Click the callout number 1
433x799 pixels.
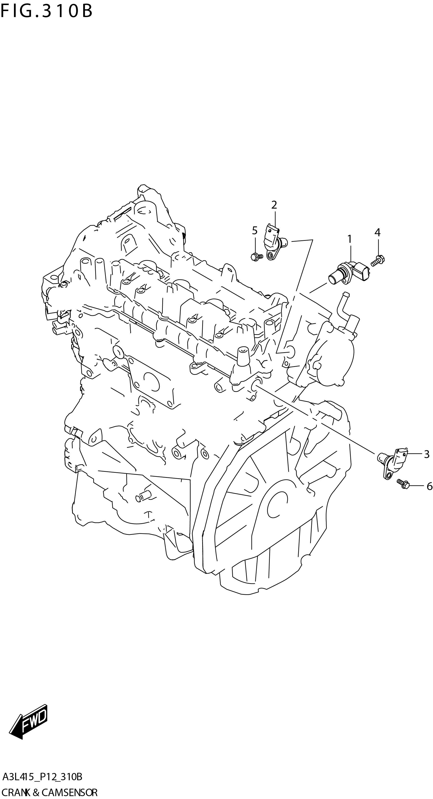[349, 239]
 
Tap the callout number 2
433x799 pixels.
[274, 205]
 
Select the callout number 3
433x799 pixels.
[427, 454]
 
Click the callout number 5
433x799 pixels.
[254, 230]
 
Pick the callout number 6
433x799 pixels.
[429, 486]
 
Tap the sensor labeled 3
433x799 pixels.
[392, 461]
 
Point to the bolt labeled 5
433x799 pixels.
[256, 256]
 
